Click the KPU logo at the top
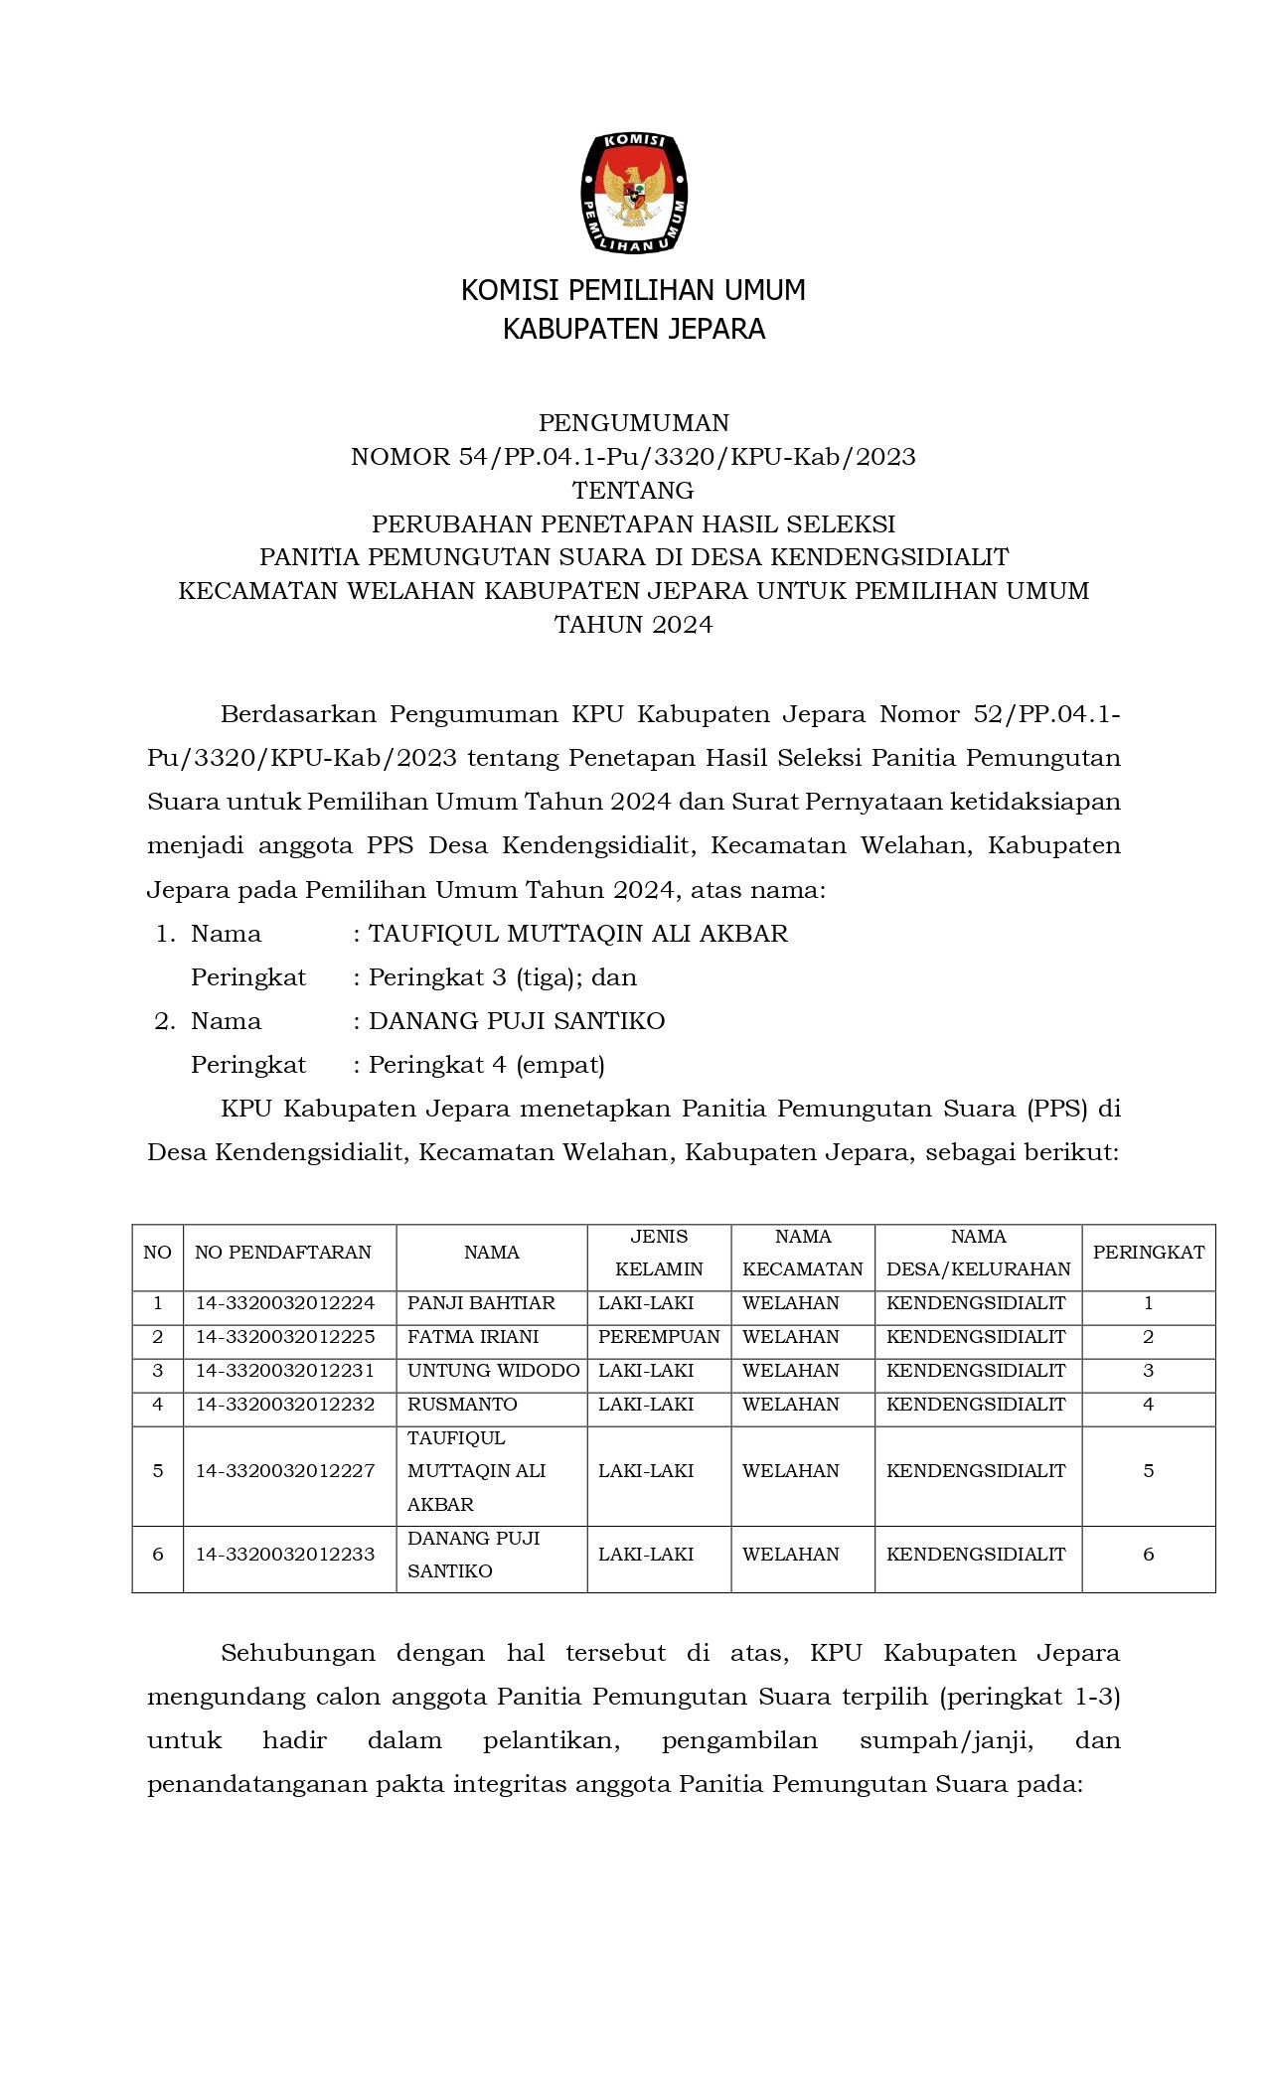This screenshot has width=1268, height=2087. [634, 193]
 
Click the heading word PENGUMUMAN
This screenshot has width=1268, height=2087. [634, 423]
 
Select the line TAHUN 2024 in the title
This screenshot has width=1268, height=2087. [634, 625]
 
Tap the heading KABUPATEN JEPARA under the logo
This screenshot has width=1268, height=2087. [634, 329]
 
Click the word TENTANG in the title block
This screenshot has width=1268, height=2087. [634, 491]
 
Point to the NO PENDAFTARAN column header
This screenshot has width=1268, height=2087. [283, 1253]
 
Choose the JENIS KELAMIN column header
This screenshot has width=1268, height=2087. [659, 1253]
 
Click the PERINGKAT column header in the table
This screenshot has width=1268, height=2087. [1148, 1253]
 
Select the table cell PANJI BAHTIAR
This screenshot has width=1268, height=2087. [481, 1303]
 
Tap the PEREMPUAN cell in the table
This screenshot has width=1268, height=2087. [659, 1337]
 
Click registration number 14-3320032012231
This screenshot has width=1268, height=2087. [285, 1371]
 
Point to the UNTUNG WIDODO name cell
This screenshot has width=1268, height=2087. [493, 1371]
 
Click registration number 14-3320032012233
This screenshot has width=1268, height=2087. [285, 1555]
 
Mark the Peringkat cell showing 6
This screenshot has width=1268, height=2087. [1148, 1555]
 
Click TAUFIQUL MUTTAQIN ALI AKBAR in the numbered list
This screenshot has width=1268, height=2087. [578, 934]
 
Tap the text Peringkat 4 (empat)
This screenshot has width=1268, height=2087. [487, 1065]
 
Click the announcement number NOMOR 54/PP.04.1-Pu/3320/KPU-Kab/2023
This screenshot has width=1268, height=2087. [634, 457]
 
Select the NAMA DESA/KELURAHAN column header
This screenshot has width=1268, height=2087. [978, 1253]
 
